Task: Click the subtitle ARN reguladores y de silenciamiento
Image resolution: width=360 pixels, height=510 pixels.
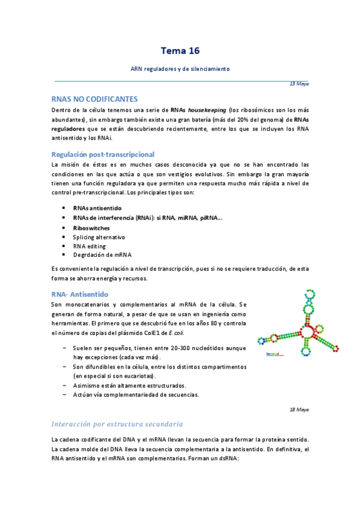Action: (180, 69)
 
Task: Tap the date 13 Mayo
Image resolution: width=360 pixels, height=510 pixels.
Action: (299, 84)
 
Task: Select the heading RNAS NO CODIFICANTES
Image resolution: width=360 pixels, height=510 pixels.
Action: (95, 99)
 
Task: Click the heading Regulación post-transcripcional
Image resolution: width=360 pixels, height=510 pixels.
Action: (103, 154)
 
